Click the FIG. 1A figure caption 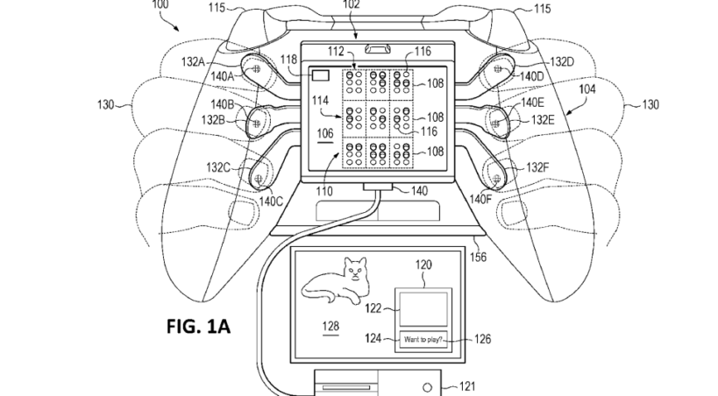198,327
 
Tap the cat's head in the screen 356,270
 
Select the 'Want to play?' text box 423,340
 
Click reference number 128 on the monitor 331,326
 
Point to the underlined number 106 325,133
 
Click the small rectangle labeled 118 321,75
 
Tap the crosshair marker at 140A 256,68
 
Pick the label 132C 217,167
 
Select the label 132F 537,167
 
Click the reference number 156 478,258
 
